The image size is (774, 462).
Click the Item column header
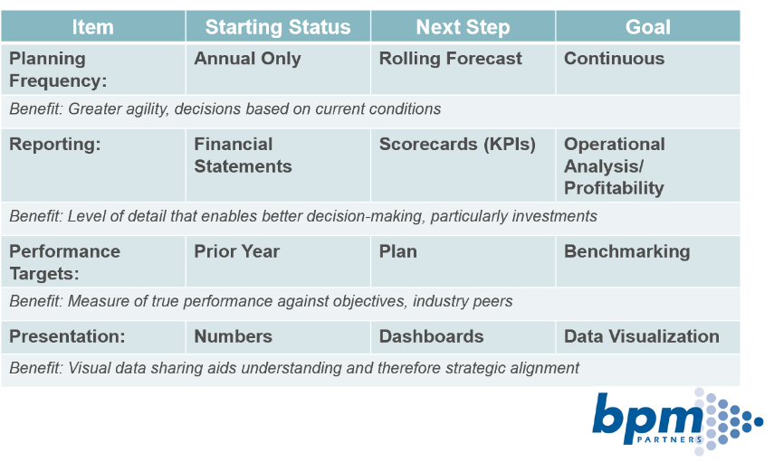click(93, 26)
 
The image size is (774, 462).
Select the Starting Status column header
click(278, 26)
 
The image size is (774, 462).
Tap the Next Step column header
click(463, 26)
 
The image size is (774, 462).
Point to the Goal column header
click(648, 26)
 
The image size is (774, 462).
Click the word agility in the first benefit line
click(148, 109)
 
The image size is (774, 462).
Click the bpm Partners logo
click(677, 422)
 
